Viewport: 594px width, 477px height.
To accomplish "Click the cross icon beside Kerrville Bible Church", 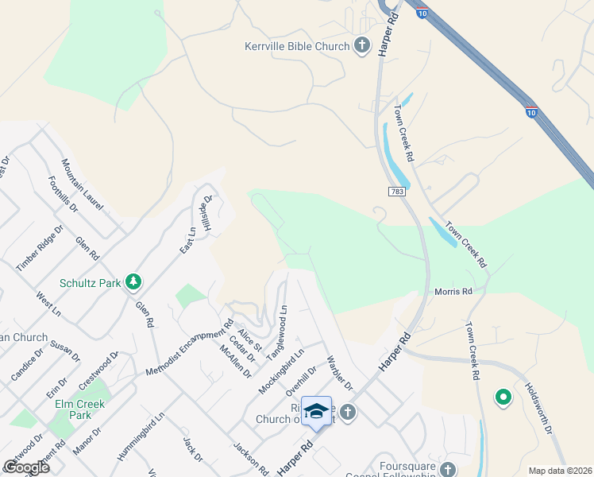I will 362,45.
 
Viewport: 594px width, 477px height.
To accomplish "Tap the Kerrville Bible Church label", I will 297,46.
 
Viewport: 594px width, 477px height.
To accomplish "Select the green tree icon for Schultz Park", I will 134,281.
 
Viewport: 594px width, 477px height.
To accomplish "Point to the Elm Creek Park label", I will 80,409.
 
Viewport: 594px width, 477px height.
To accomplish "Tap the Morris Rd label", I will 453,292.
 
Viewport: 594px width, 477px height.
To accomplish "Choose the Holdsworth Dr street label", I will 538,408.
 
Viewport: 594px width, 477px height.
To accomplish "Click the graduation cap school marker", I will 316,410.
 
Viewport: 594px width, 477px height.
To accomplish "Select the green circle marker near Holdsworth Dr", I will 502,396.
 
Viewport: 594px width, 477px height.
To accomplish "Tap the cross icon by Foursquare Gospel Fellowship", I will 449,470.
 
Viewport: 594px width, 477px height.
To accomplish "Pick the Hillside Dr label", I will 205,212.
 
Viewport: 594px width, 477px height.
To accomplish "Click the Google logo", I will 26,467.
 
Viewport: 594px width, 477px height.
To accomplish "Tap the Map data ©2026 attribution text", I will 559,471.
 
